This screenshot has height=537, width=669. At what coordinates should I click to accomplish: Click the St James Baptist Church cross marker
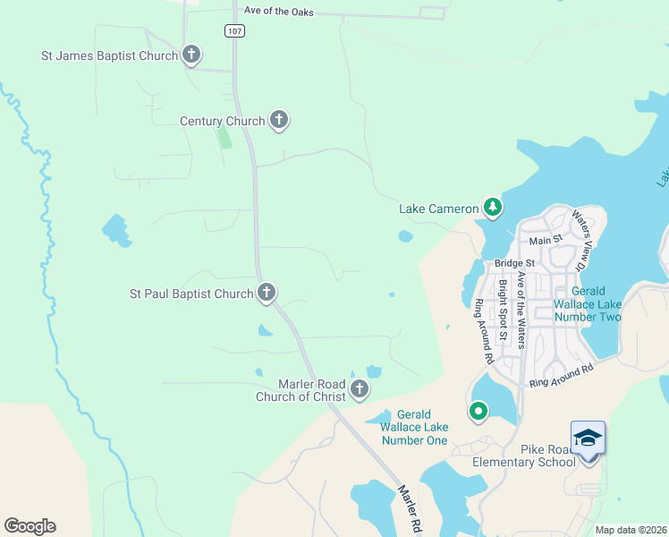191,54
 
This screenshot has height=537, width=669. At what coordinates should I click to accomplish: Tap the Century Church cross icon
278,119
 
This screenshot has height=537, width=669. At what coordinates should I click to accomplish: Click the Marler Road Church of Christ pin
359,388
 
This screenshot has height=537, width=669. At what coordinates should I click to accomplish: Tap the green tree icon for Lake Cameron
492,207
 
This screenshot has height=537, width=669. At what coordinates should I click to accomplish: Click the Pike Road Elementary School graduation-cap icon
588,439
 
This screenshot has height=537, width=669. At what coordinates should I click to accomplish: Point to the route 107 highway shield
234,30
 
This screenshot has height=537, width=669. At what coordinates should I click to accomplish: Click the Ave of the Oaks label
278,10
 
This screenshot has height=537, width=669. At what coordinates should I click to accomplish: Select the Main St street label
545,240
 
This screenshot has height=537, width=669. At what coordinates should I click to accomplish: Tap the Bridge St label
513,264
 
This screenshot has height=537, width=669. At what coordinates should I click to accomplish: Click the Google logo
30,526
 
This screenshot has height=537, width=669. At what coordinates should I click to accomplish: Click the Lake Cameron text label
438,209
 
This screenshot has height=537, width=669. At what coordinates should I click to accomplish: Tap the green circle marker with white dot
478,412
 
